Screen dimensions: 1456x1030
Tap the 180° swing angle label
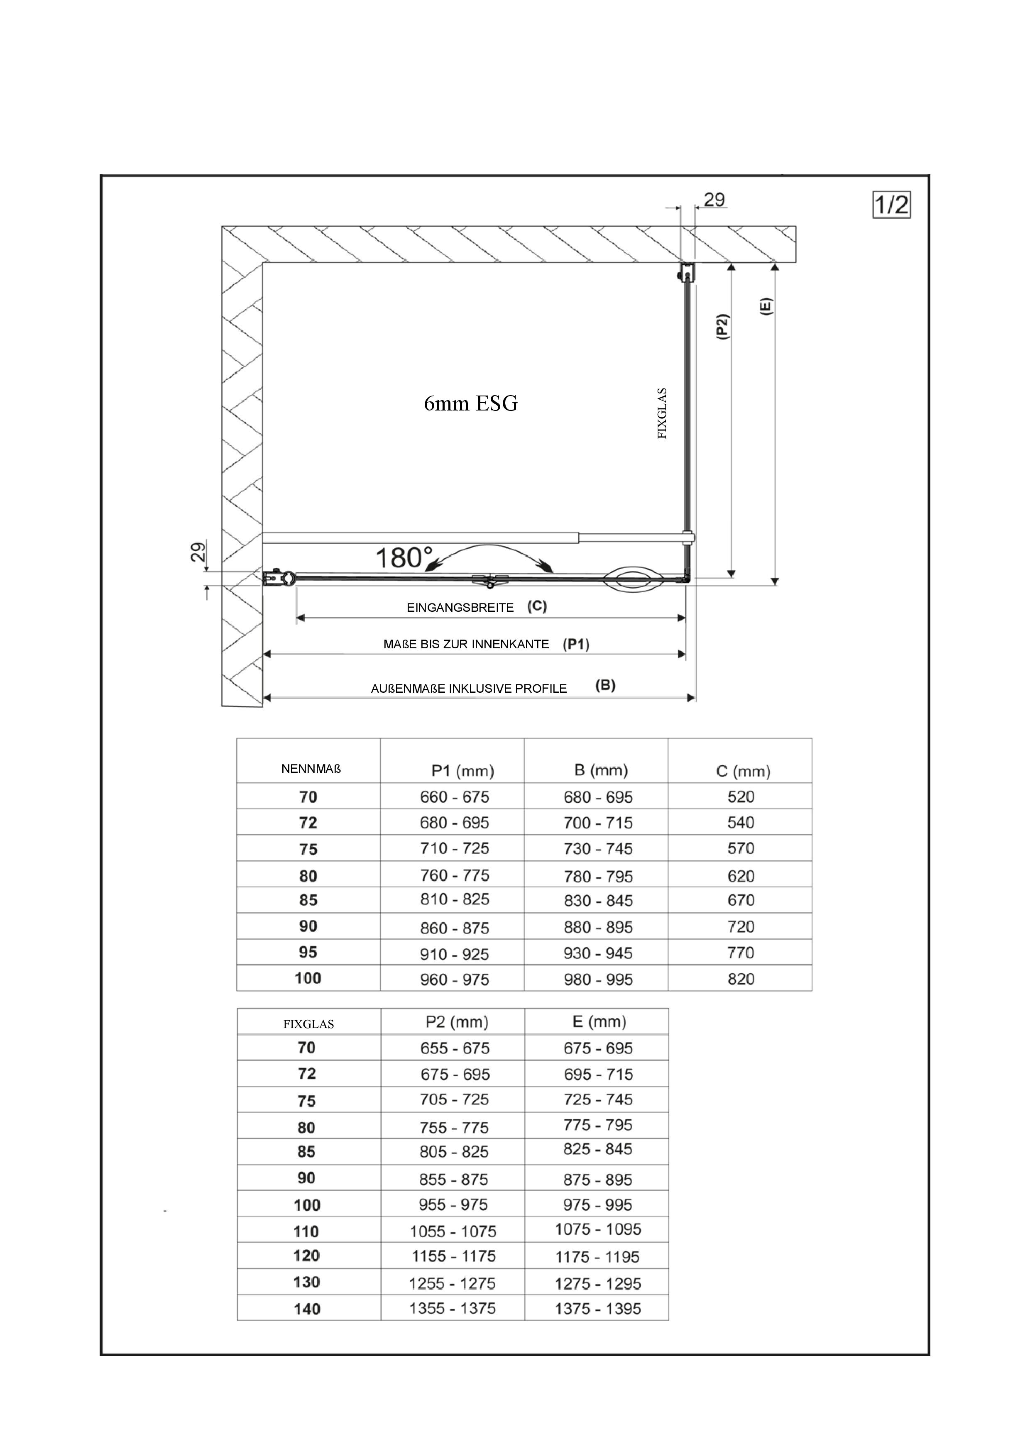pos(404,558)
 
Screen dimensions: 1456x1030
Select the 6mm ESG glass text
pos(471,403)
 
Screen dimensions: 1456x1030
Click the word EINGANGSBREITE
pos(460,608)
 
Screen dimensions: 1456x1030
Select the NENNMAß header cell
pos(311,769)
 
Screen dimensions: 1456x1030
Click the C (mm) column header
pos(743,771)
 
